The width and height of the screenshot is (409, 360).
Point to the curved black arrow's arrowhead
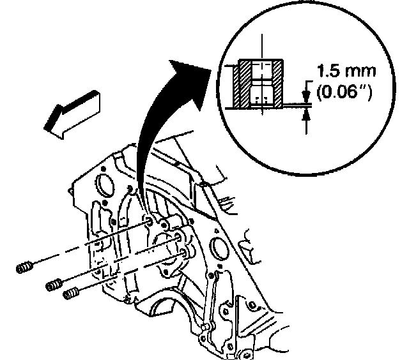(x=191, y=67)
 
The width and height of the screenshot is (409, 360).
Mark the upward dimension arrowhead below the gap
(x=307, y=115)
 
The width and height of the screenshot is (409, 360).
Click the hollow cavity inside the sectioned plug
(x=261, y=83)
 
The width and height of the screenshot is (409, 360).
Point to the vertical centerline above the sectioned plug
(x=261, y=48)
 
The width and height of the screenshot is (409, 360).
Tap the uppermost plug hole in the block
(x=149, y=221)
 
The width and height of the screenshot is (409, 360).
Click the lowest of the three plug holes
(x=184, y=255)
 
